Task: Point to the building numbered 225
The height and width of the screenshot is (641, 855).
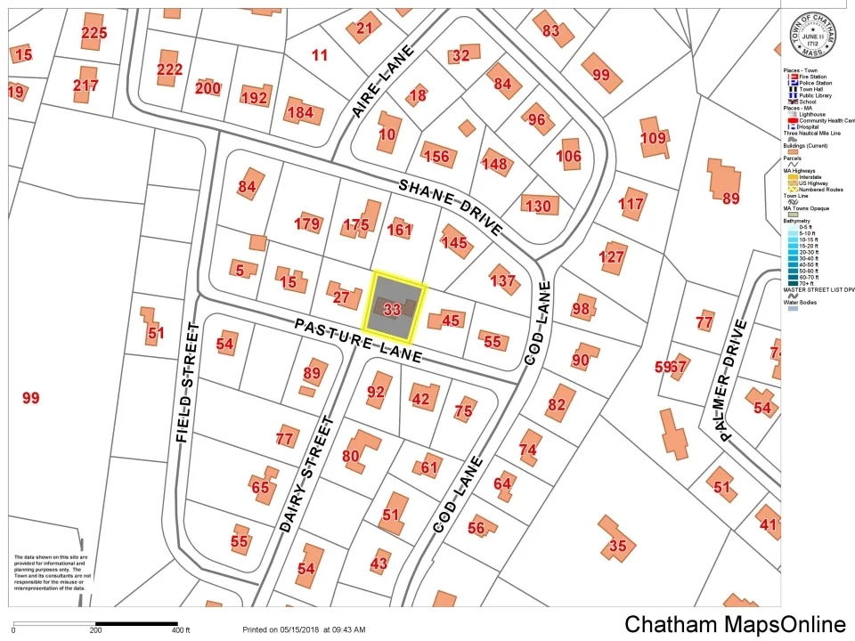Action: [94, 33]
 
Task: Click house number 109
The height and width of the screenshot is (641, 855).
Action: [653, 138]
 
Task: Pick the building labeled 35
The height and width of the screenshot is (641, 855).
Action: [616, 545]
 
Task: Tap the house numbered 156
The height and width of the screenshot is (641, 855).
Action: [436, 157]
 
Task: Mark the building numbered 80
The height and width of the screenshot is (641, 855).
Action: [351, 456]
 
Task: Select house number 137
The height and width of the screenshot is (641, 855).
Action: [502, 280]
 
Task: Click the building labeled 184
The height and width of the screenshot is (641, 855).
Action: [299, 113]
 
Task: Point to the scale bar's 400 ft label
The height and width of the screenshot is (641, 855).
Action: [181, 630]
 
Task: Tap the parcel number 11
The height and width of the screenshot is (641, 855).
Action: [320, 55]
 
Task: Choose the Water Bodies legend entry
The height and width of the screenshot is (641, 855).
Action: [804, 303]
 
